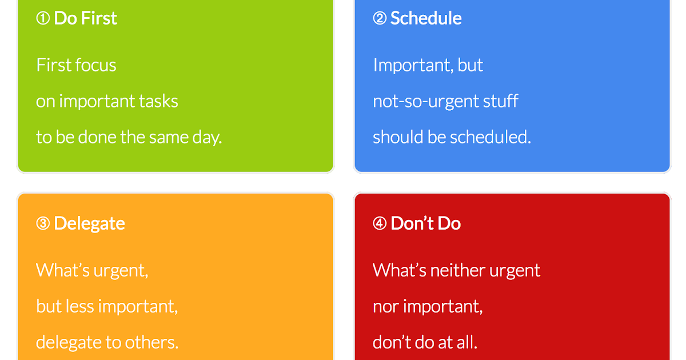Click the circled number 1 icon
click(x=43, y=19)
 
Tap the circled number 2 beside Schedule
click(x=380, y=19)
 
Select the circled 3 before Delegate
click(x=43, y=223)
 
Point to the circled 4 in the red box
click(x=380, y=223)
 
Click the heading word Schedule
click(x=426, y=18)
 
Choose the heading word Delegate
click(x=89, y=223)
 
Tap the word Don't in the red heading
click(x=410, y=223)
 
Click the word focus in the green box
click(x=96, y=65)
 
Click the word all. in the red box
click(x=466, y=342)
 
